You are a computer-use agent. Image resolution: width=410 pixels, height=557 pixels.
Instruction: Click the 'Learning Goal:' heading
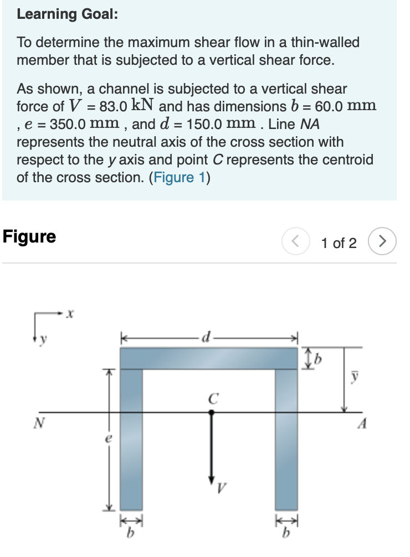67,14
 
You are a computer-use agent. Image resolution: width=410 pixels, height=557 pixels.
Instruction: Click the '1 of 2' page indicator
339,243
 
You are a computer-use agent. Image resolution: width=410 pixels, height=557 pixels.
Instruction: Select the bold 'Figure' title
29,236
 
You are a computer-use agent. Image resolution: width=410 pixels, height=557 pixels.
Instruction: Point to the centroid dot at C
210,412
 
